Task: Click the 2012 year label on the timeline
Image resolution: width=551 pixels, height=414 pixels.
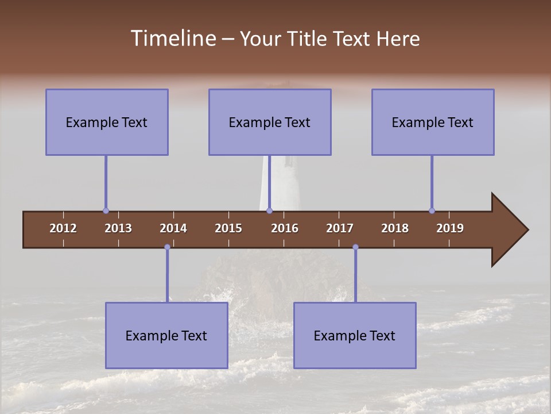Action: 63,228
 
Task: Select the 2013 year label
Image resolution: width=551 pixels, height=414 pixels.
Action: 118,228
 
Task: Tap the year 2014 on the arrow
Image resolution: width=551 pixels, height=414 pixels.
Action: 173,228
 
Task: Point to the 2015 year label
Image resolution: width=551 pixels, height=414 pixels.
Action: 228,228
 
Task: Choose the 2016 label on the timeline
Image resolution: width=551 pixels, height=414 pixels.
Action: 285,228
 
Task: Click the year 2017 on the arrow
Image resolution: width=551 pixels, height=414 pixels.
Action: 340,228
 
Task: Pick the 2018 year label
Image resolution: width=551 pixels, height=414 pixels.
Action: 395,228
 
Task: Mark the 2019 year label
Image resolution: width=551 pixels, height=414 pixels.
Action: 450,228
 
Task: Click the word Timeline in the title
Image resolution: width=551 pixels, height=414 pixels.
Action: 172,39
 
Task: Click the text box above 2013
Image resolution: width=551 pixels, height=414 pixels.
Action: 107,122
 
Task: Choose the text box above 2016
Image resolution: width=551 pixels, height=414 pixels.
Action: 270,122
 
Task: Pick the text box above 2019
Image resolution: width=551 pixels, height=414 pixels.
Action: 433,122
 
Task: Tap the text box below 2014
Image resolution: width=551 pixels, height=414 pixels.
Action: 166,335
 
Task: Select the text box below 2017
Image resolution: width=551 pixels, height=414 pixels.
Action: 355,335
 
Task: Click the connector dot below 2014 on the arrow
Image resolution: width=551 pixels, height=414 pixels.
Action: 167,247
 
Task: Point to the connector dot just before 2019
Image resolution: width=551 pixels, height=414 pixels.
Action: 432,210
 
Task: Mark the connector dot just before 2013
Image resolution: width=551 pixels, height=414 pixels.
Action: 106,210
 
